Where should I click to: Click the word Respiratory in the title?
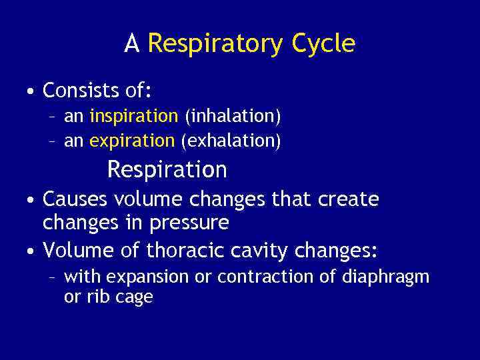point(216,44)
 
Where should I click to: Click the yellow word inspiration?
point(133,117)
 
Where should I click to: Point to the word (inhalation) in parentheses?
point(233,117)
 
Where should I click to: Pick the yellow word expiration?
point(131,141)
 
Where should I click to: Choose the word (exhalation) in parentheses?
point(231,141)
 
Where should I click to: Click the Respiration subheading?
point(167,170)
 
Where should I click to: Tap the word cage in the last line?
point(136,297)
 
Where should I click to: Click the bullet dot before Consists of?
point(31,91)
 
